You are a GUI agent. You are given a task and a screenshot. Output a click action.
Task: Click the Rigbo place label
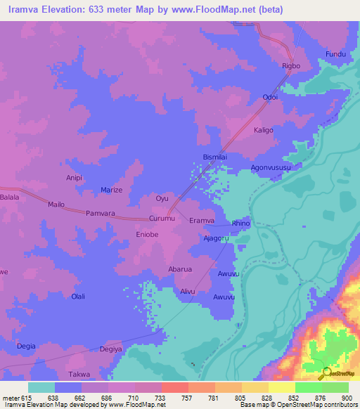291,66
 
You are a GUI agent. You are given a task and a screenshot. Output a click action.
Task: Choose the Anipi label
75,178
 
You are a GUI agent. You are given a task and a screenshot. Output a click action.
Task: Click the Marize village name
111,190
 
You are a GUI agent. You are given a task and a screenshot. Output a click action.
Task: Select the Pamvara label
99,212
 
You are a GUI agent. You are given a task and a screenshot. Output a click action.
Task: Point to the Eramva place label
201,221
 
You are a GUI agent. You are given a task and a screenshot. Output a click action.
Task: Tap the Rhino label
240,223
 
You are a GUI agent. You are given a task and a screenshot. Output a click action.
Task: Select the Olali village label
78,297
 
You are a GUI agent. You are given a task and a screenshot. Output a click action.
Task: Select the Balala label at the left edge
9,198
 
